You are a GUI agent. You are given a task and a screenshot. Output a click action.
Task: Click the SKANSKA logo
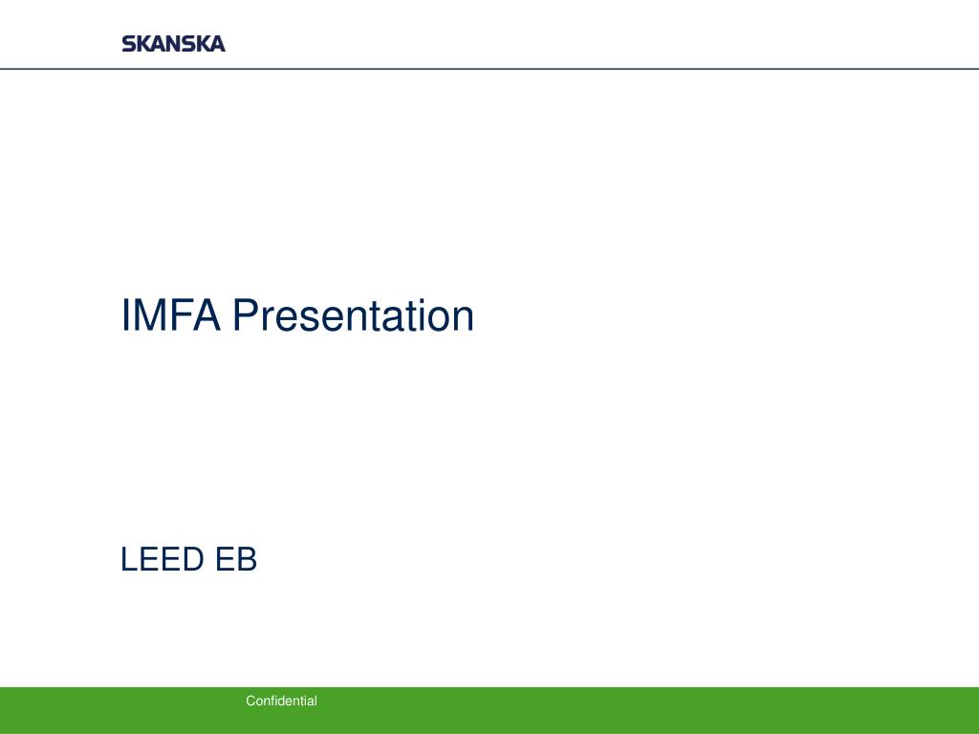pos(173,44)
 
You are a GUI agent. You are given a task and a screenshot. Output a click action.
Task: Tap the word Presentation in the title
pos(354,316)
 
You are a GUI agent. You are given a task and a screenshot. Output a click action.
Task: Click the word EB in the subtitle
pos(236,560)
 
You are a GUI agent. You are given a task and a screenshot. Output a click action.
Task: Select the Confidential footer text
pos(281,702)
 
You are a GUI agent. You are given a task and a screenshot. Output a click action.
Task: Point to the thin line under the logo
pos(574,69)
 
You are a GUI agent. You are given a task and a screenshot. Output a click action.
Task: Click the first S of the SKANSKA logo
pos(129,44)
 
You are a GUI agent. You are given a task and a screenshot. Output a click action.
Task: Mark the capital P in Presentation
pos(246,316)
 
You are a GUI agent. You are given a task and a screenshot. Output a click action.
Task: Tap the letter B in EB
pos(247,560)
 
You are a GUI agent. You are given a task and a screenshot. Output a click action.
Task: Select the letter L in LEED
pos(129,560)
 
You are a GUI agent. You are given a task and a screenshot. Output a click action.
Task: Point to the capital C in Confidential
pos(250,702)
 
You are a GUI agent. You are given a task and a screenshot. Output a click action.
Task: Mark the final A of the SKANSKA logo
pos(217,44)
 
